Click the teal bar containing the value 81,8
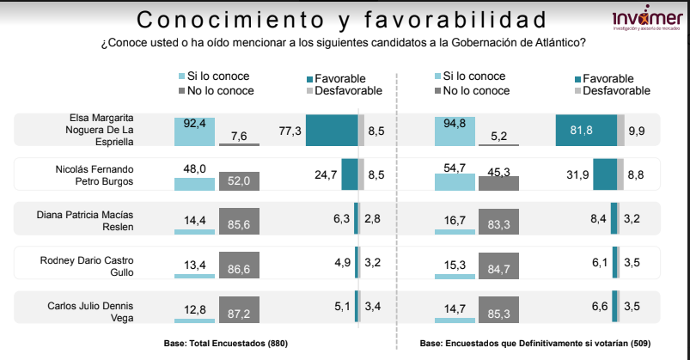tap(586, 131)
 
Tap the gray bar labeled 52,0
tap(239, 181)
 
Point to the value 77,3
tap(290, 131)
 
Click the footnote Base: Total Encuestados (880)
tap(225, 344)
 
